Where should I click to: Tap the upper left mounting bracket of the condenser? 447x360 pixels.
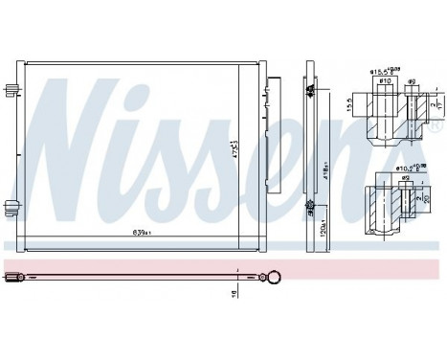pos(12,89)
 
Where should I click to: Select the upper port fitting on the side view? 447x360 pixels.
pos(310,89)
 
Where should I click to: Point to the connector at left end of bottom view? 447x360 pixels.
pos(11,277)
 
